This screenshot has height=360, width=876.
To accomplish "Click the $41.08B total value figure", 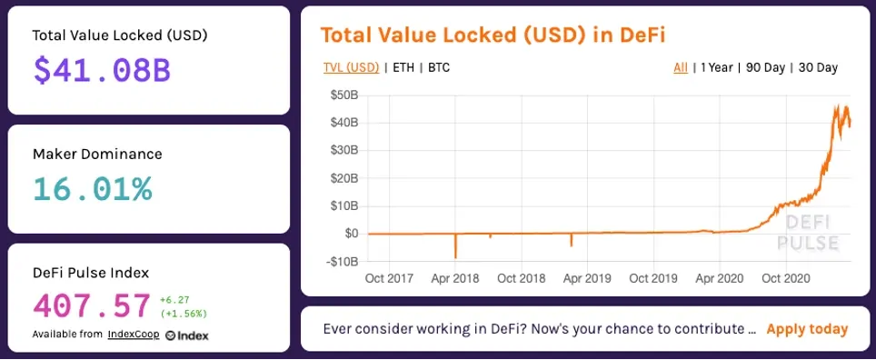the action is coord(102,71).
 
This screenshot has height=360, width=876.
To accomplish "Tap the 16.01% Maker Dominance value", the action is coord(92,189).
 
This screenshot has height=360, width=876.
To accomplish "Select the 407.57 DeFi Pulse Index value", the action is coord(92,305).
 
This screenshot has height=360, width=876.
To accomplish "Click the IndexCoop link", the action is coord(134,335).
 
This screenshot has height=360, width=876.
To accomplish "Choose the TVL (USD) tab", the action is coord(351,67).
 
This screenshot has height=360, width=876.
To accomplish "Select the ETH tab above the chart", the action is coord(403,67).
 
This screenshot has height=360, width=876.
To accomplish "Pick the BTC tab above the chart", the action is coord(439,67).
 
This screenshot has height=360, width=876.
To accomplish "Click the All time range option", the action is coord(681,67).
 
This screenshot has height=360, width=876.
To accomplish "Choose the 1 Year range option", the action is coord(716,67).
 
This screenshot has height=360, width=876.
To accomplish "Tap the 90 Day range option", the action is coord(765,67).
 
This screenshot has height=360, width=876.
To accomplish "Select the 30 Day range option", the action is coord(818,67).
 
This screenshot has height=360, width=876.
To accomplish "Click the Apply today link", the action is coord(807,329).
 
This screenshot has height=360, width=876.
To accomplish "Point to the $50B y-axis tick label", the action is coord(343,95).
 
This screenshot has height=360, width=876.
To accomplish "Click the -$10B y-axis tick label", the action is coord(342,261).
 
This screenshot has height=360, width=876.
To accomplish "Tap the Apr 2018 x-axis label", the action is coord(454,278).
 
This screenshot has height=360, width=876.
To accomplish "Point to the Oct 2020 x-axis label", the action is coord(785,278).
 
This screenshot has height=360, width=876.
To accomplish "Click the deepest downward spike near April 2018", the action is coord(456,257).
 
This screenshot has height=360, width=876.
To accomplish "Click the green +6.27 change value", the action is coord(175,299).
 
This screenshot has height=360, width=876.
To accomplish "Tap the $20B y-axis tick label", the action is coord(343,178).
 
